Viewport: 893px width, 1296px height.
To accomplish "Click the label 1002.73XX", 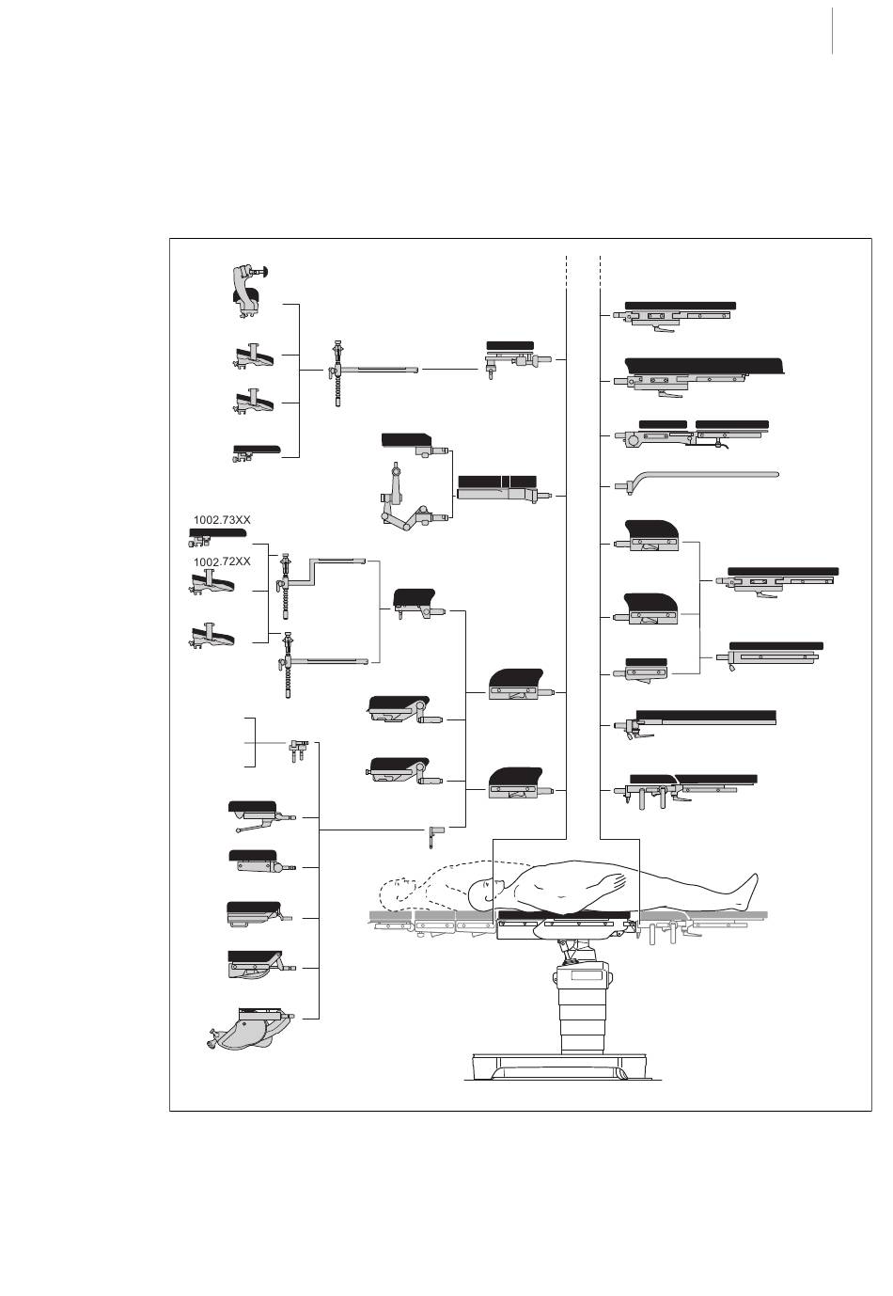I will [223, 519].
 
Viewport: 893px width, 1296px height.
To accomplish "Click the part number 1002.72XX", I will [223, 561].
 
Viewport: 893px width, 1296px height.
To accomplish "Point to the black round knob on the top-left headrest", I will [265, 273].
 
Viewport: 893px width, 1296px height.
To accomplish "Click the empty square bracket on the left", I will [250, 742].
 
